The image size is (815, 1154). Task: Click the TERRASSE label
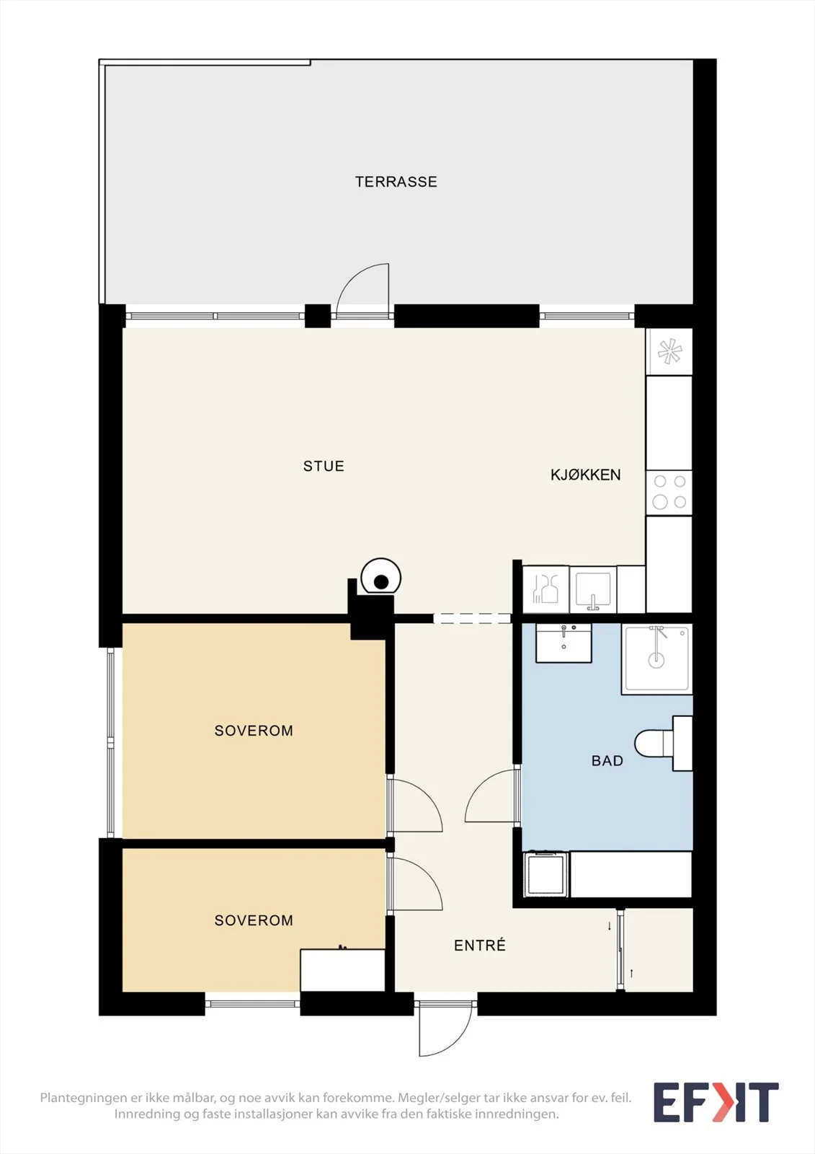pyautogui.click(x=396, y=182)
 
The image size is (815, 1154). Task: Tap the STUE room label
pyautogui.click(x=324, y=466)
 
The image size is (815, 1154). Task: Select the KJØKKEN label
pyautogui.click(x=585, y=475)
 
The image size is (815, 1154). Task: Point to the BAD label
pyautogui.click(x=607, y=761)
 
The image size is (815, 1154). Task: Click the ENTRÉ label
pyautogui.click(x=480, y=945)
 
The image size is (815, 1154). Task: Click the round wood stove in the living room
pyautogui.click(x=381, y=577)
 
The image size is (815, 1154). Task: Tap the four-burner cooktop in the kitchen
pyautogui.click(x=669, y=493)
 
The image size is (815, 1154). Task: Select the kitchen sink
pyautogui.click(x=592, y=589)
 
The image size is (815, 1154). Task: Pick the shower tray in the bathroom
pyautogui.click(x=656, y=659)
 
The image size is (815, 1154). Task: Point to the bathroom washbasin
pyautogui.click(x=564, y=643)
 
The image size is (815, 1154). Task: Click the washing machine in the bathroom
pyautogui.click(x=545, y=874)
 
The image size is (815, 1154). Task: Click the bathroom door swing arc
pyautogui.click(x=478, y=785)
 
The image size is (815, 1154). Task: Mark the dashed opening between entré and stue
pyautogui.click(x=472, y=619)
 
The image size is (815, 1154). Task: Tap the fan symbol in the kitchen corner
pyautogui.click(x=669, y=353)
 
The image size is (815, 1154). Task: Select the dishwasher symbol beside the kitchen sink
pyautogui.click(x=545, y=589)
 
